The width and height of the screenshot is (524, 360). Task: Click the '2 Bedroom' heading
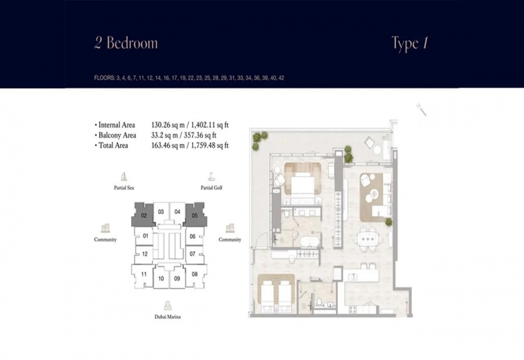tap(126, 43)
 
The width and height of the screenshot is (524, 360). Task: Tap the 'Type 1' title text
tap(410, 43)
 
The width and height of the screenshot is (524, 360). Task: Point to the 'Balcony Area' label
tap(117, 135)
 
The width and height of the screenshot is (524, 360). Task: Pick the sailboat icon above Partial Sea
tap(124, 176)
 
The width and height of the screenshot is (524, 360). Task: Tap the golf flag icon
tap(211, 176)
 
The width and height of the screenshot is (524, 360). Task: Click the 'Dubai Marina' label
tap(168, 317)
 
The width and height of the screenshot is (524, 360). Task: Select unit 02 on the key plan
tap(143, 215)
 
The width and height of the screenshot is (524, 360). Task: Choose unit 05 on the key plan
tap(195, 215)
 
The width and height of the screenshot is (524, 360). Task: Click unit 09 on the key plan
tap(177, 279)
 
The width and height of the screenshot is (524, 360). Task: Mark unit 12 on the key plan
tap(144, 254)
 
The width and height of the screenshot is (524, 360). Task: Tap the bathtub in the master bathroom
tap(310, 242)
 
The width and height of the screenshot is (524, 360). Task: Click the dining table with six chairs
tap(369, 238)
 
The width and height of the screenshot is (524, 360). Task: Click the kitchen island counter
tap(363, 276)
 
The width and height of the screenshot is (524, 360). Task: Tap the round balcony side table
tap(377, 150)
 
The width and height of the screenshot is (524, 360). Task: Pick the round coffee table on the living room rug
tap(374, 193)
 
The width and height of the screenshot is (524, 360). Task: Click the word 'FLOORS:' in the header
tap(104, 78)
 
